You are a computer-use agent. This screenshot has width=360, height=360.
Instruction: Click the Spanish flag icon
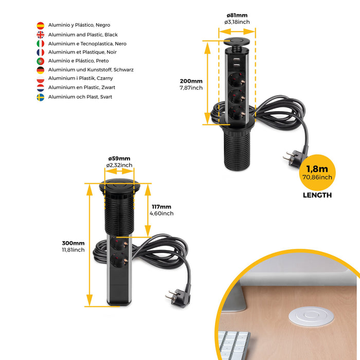click(40, 25)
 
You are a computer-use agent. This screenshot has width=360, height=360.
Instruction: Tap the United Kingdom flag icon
click(40, 34)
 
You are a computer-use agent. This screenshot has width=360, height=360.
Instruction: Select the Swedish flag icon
click(40, 97)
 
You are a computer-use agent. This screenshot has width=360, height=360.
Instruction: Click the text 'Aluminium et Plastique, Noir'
click(80, 52)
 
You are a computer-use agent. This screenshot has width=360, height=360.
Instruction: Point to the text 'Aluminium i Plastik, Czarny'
click(81, 78)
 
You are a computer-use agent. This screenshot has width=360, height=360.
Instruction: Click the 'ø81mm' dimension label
click(237, 15)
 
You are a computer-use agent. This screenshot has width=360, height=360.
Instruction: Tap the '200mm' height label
click(191, 81)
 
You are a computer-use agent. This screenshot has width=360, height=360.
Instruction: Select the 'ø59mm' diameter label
click(119, 158)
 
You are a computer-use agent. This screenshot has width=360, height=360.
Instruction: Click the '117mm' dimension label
click(161, 207)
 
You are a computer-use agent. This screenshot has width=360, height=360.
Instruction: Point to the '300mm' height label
click(73, 243)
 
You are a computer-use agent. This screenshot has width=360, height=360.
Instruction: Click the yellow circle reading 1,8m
click(318, 172)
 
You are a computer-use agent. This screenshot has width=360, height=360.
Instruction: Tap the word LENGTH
click(317, 195)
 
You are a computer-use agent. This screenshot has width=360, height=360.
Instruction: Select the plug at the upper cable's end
click(289, 158)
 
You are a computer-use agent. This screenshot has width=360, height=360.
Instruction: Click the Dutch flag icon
click(40, 88)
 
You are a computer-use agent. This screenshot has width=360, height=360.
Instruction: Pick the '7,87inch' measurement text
click(191, 88)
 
